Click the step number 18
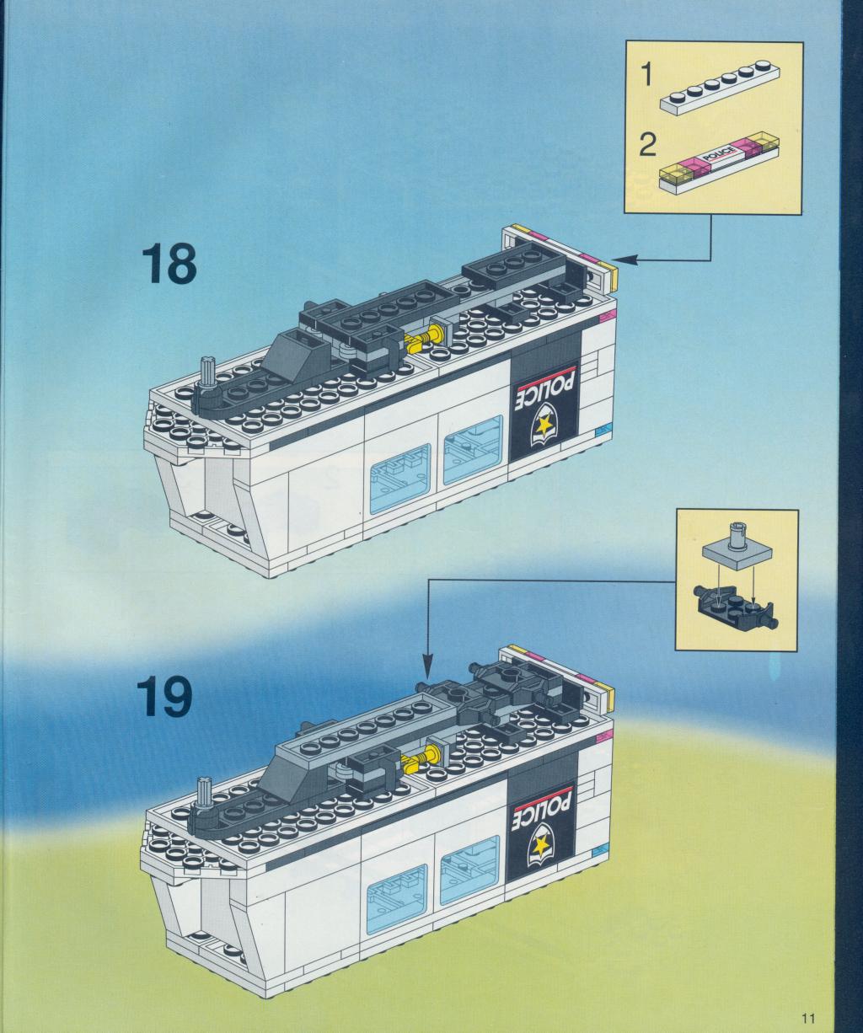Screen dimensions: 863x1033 tap(169, 265)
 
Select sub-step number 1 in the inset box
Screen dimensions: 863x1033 tap(646, 75)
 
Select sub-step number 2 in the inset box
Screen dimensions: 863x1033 tap(646, 146)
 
